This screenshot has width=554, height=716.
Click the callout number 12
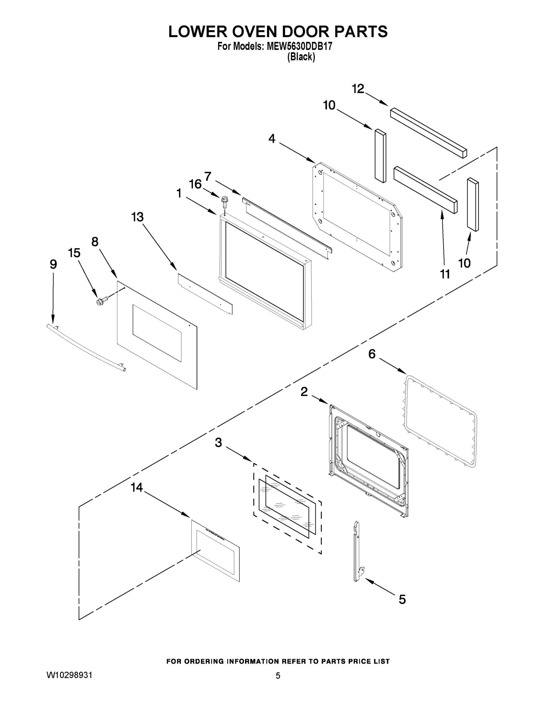pos(358,89)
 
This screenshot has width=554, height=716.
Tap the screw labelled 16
pos(225,202)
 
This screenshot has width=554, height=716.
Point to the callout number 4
pos(272,139)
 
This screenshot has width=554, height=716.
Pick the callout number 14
pos(137,487)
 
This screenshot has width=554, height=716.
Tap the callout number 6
pos(372,354)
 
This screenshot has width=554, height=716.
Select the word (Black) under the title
pos(301,57)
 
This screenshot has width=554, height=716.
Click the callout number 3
pos(218,443)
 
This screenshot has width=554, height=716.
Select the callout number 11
pos(445,274)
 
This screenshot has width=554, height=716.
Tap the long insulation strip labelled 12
pos(428,133)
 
